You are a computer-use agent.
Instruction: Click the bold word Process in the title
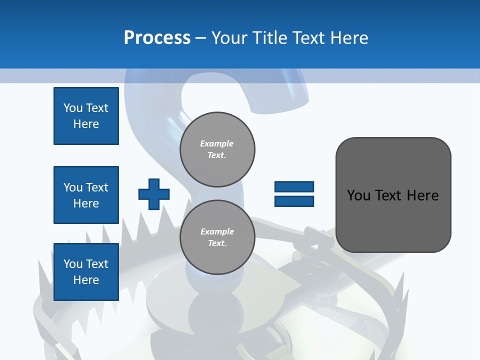coord(157,38)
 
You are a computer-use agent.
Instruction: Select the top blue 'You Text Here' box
coord(86,116)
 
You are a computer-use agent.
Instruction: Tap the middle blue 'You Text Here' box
coord(86,195)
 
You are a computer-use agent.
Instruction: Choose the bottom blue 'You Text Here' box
coord(86,272)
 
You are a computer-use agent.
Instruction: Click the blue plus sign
coord(154,194)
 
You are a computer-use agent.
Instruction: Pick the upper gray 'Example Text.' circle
coord(217,149)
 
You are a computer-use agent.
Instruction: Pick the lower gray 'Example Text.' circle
coord(217,237)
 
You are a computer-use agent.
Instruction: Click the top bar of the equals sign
coord(294,187)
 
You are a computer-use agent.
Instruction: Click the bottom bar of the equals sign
coord(294,201)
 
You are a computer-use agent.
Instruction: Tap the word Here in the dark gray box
coord(422,195)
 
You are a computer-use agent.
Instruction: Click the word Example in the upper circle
coord(217,143)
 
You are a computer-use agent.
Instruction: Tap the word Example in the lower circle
coord(217,231)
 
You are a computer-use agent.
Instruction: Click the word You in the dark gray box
coord(359,195)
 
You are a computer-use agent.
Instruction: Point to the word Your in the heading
coord(228,38)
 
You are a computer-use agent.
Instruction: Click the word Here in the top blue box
coord(86,124)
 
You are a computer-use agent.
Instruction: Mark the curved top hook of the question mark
coord(280,90)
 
